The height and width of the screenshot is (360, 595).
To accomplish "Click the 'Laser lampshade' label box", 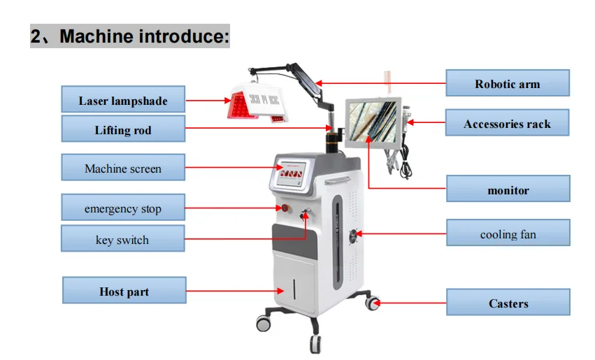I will pos(123,101).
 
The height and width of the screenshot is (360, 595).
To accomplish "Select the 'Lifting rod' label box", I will pos(123,129).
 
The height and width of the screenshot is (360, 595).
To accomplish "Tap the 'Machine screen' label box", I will pos(123,168).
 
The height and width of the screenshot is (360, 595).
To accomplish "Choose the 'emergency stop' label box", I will pos(123,208).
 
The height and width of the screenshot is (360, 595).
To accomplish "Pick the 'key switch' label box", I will pos(123,239).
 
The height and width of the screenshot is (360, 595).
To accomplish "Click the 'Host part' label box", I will pos(124,291).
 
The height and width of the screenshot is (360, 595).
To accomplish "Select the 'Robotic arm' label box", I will pos(508,84).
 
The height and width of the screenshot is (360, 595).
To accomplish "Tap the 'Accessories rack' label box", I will pos(508,124).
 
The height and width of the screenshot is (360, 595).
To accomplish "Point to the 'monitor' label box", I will pos(508,189).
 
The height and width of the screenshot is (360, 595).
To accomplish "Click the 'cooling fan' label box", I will pos(508,233).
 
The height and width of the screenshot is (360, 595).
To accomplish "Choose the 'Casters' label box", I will pos(508,303).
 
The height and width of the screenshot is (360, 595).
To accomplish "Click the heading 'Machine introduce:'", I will pos(130,36).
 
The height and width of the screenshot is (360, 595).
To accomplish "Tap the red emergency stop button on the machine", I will pos(285,208).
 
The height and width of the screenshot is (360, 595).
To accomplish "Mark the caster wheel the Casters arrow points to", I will pos(374,304).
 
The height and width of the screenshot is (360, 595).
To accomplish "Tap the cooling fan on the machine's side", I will pos(353,234).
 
